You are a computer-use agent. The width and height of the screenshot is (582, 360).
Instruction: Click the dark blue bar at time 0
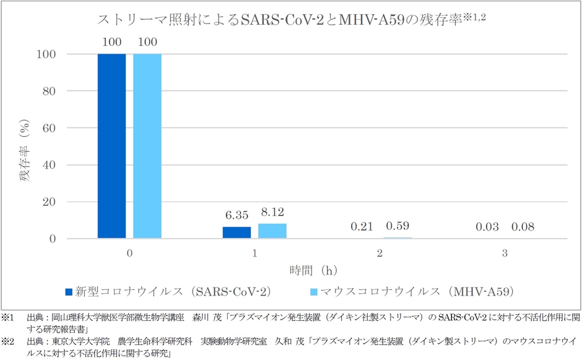112,146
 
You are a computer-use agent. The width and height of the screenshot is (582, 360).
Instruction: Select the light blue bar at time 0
147,146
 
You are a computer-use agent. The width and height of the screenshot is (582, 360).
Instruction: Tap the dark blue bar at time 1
237,232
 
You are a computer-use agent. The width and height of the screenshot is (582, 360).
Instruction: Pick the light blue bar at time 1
272,230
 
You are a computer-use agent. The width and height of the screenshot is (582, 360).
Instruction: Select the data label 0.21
362,227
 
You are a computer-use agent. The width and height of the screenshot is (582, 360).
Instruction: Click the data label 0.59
397,226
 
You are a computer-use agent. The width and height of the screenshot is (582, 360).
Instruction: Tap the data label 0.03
487,227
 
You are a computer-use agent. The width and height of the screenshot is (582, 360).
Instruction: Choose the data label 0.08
522,227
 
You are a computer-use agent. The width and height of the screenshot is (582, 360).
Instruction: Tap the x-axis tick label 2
379,253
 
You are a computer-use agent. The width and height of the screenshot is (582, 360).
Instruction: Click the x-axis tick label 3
504,253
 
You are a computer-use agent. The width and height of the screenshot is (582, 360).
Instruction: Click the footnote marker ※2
7,341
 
